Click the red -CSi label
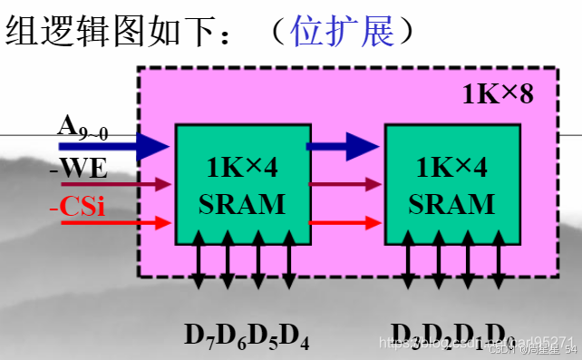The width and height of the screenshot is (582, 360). point(76,207)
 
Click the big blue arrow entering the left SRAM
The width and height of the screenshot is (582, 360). point(114,144)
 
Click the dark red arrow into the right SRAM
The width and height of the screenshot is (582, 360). point(345,184)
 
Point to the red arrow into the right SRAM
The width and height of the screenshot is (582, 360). point(345,221)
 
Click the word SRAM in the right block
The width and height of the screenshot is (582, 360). point(451,202)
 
